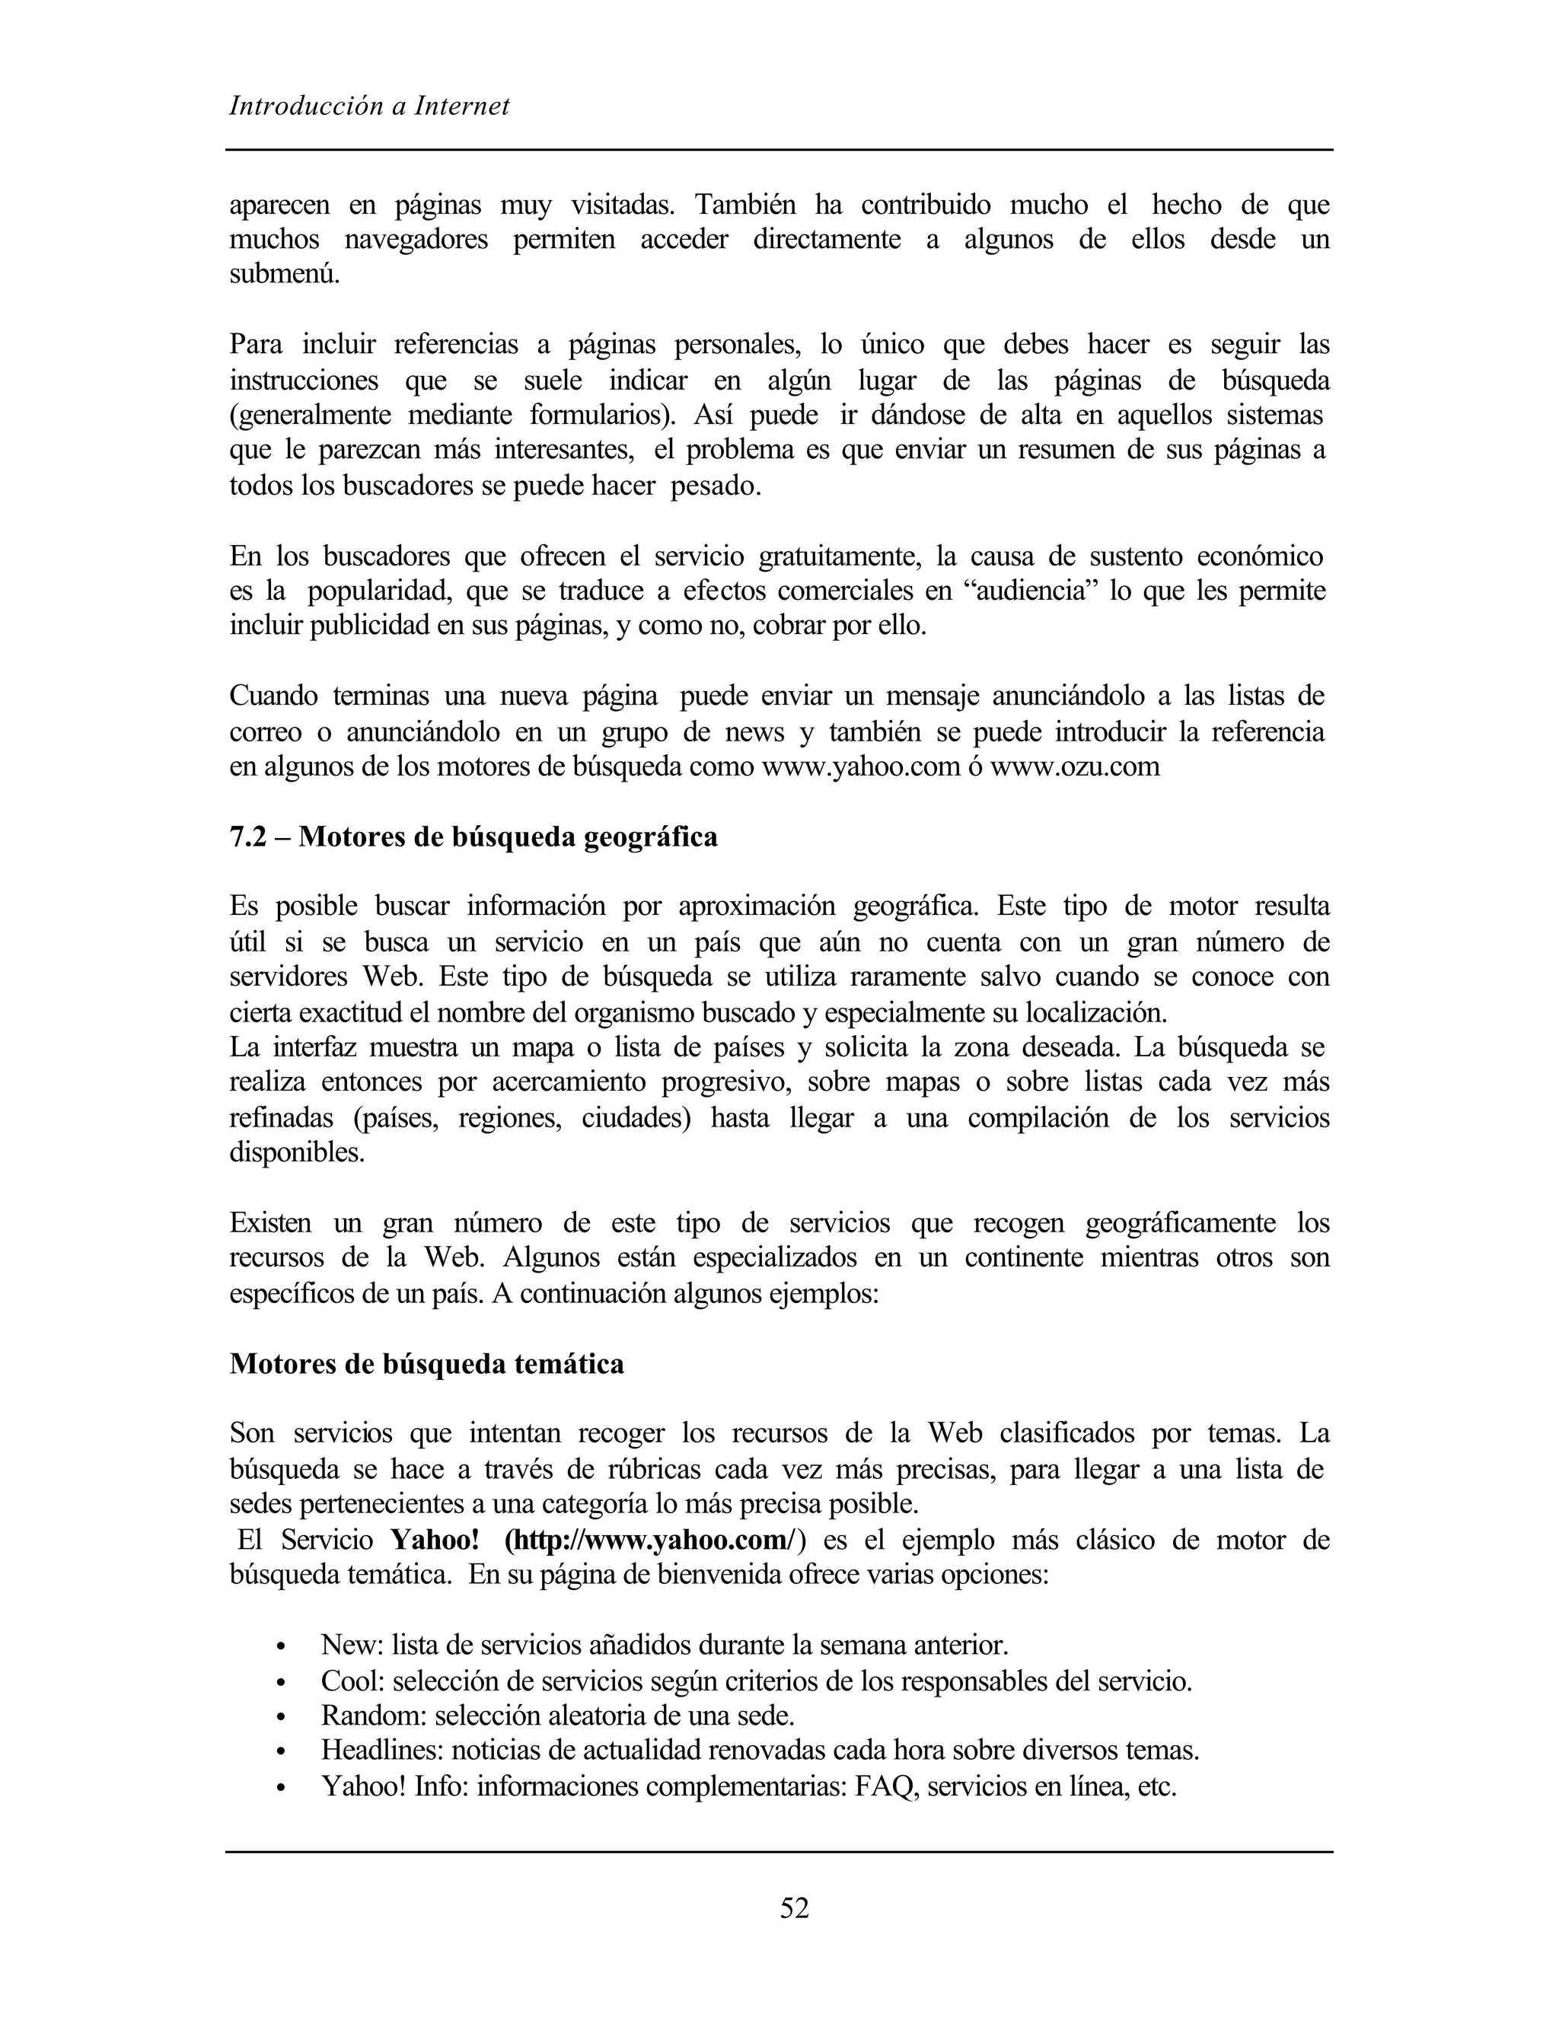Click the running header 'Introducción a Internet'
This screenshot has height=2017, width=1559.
(x=369, y=107)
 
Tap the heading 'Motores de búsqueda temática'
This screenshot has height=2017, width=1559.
(x=427, y=1363)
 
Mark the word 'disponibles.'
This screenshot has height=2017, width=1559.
(x=296, y=1152)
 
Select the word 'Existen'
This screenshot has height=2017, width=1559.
(x=269, y=1223)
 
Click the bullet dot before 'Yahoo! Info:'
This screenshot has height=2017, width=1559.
(x=282, y=1789)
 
